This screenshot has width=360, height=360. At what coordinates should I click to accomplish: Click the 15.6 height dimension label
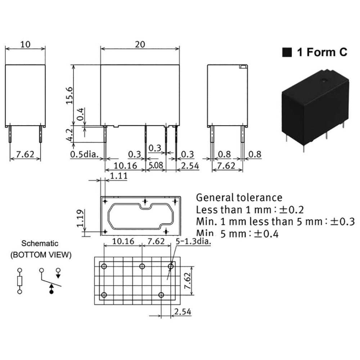(x=69, y=95)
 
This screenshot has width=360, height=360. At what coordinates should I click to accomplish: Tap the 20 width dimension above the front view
(x=140, y=44)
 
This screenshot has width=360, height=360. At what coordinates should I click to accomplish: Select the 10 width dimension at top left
(x=25, y=44)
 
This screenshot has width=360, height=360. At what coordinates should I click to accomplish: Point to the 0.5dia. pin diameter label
(x=84, y=154)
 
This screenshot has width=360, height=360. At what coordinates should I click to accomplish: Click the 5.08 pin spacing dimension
(x=156, y=165)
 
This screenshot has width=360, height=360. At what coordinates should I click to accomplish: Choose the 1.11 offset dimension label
(x=118, y=176)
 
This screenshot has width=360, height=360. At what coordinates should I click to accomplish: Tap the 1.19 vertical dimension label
(x=80, y=218)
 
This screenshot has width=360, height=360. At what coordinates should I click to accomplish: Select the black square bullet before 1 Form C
(x=287, y=52)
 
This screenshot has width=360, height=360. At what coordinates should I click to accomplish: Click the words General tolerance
(x=239, y=198)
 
